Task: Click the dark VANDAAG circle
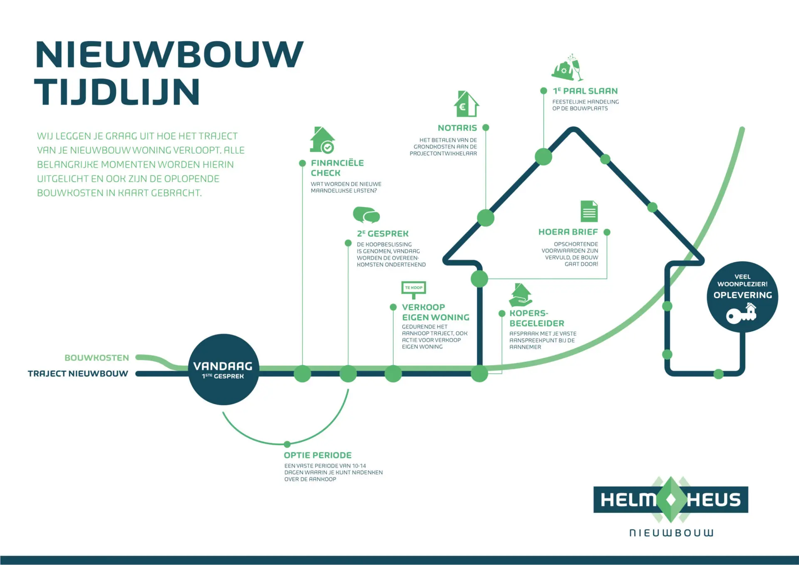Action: point(223,369)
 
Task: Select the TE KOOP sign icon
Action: point(414,289)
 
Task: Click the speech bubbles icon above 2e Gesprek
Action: point(366,215)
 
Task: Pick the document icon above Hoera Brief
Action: point(589,211)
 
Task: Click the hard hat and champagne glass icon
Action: point(567,68)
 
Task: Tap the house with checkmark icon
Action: point(322,140)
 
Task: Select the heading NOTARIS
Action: point(457,128)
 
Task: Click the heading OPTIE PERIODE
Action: point(318,455)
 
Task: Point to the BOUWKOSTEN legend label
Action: point(97,358)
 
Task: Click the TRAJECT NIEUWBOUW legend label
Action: point(78,374)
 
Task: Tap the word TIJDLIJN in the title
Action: point(117,92)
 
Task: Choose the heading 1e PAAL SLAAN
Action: point(585,91)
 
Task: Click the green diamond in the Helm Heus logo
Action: point(671,500)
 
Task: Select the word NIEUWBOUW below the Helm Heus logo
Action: point(671,533)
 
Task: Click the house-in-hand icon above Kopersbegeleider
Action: point(520,295)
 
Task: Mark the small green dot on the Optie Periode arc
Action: point(287,444)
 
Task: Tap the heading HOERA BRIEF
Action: point(568,232)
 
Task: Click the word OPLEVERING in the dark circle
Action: point(742,295)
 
